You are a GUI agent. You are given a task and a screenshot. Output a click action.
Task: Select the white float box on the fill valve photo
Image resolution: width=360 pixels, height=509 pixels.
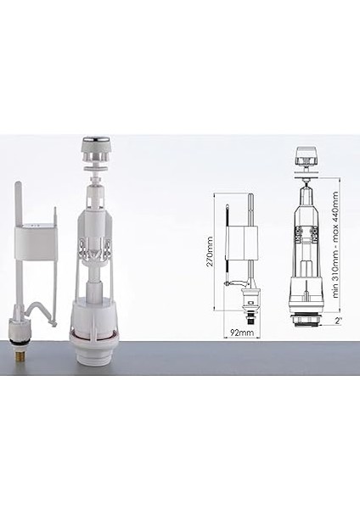[34, 236]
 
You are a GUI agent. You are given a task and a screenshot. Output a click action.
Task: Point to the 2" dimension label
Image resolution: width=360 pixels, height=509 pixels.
[338, 322]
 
